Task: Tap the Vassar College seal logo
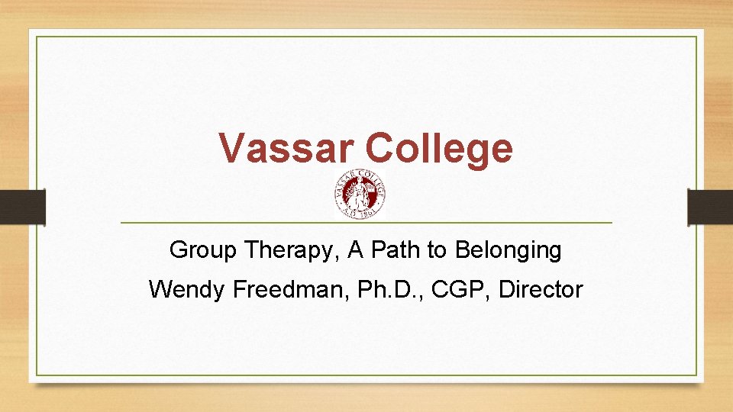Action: [360, 195]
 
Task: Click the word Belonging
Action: [508, 249]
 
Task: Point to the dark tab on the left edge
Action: [22, 207]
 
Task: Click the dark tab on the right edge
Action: [710, 207]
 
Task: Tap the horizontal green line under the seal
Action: [366, 222]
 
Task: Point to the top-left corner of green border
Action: [37, 37]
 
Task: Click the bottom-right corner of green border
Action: [696, 375]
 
